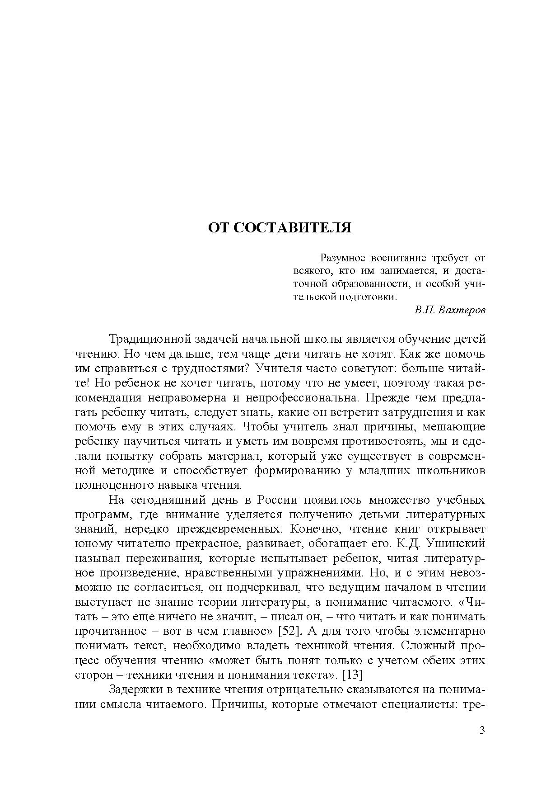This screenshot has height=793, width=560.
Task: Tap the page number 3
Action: click(482, 730)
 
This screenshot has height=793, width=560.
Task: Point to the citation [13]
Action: click(353, 675)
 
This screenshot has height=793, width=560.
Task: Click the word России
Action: click(277, 500)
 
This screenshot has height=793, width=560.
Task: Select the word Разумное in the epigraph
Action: click(342, 258)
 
